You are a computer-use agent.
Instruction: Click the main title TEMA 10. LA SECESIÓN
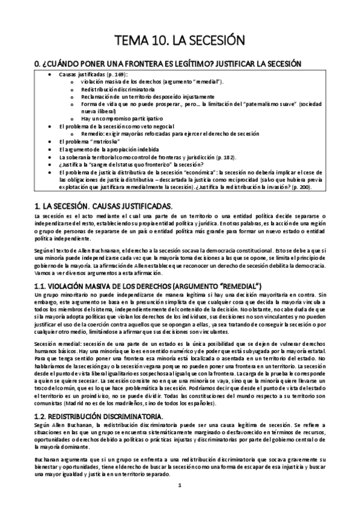coord(180,41)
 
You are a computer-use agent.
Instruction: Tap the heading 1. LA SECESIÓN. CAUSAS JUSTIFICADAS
coord(103,206)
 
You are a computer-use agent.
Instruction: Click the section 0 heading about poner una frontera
coord(168,64)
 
